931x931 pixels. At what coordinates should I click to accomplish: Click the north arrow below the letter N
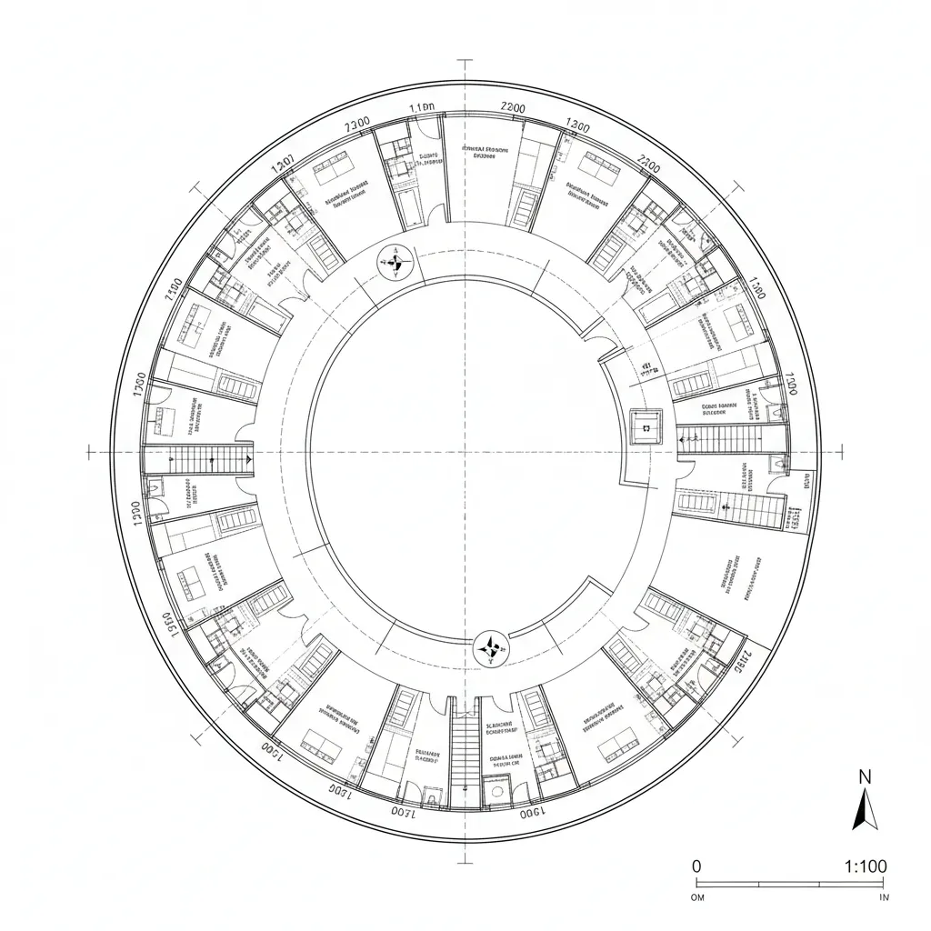point(865,808)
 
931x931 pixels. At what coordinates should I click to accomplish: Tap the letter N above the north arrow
point(865,776)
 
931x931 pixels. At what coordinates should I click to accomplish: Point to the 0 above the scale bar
point(696,866)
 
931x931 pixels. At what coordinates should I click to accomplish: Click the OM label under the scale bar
point(699,897)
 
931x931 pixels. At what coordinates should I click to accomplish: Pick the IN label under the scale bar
point(884,897)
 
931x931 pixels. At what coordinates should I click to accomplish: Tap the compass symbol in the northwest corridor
point(395,264)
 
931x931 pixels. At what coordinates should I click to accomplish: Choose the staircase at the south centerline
point(465,755)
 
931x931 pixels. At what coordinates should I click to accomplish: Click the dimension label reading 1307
point(283,163)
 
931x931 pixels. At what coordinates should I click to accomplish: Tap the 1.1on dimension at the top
point(422,107)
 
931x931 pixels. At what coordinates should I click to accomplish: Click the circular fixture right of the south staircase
point(497,790)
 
